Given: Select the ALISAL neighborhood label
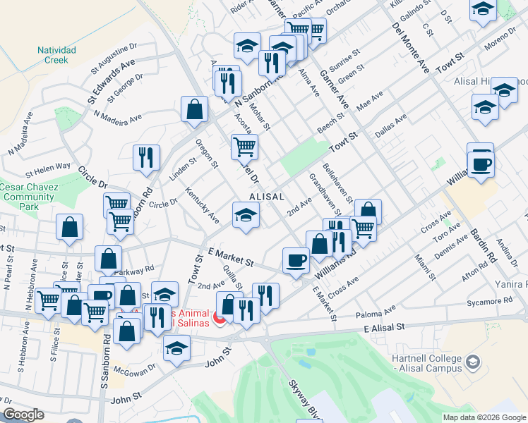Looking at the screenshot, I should [x=266, y=197].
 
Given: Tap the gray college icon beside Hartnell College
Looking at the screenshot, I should [x=472, y=363].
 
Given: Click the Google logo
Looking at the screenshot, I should [x=23, y=415].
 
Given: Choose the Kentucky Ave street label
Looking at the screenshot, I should [x=202, y=204].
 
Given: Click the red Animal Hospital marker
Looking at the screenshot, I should [x=219, y=319].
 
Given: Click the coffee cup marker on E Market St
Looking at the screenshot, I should [x=296, y=259].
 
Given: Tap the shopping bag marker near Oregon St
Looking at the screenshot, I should [x=194, y=109].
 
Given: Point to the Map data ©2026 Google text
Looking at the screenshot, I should [x=484, y=417].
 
